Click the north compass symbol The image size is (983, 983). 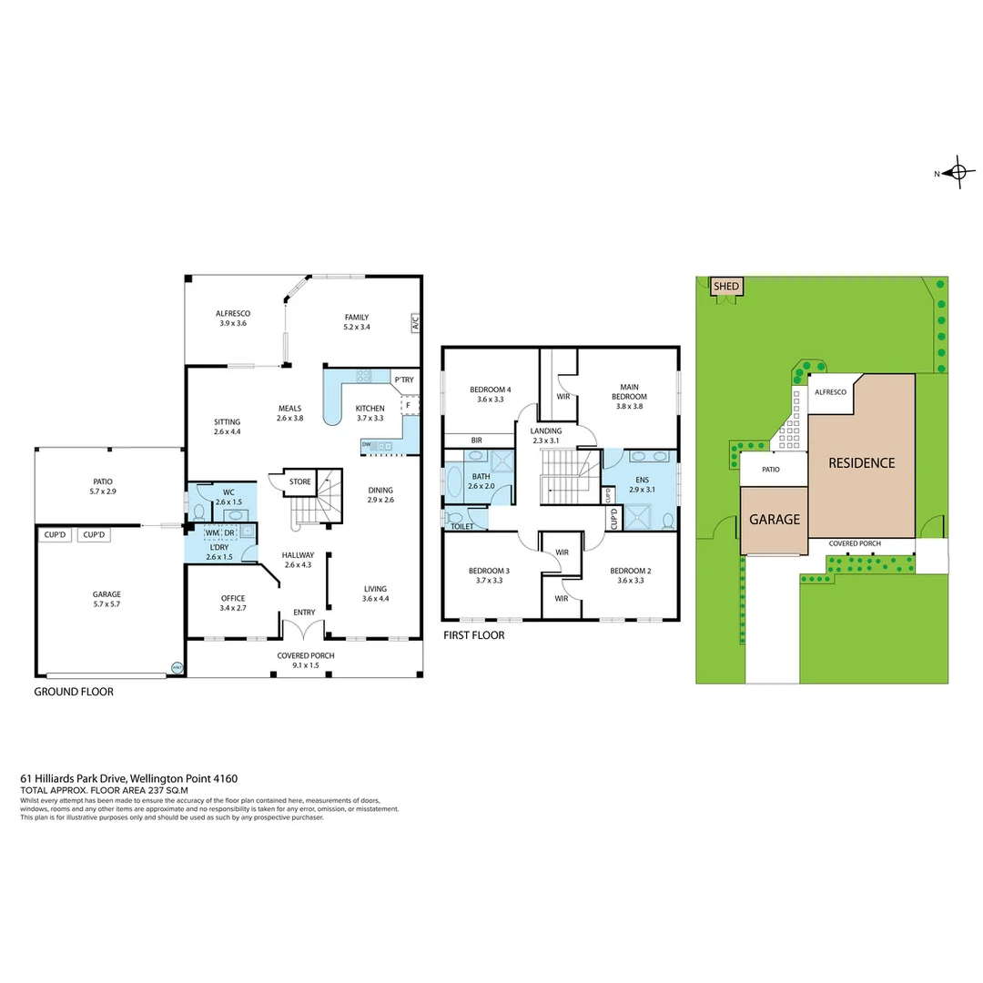coord(958,172)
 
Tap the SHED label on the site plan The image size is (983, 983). coord(726,286)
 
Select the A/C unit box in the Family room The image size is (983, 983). coord(414,321)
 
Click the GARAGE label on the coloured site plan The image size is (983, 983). coord(774,520)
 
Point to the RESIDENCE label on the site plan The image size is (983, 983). coord(861,462)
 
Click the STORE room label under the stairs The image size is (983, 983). coord(299,481)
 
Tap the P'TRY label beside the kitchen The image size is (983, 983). coord(403,380)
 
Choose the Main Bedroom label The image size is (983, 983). coord(629,391)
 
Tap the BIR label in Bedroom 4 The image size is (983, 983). coord(476,440)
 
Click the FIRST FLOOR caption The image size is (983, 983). coord(473,635)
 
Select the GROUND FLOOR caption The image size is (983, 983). coord(74,692)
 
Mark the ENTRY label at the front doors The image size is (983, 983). coord(303,613)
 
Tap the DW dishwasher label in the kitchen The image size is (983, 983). coord(366,445)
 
